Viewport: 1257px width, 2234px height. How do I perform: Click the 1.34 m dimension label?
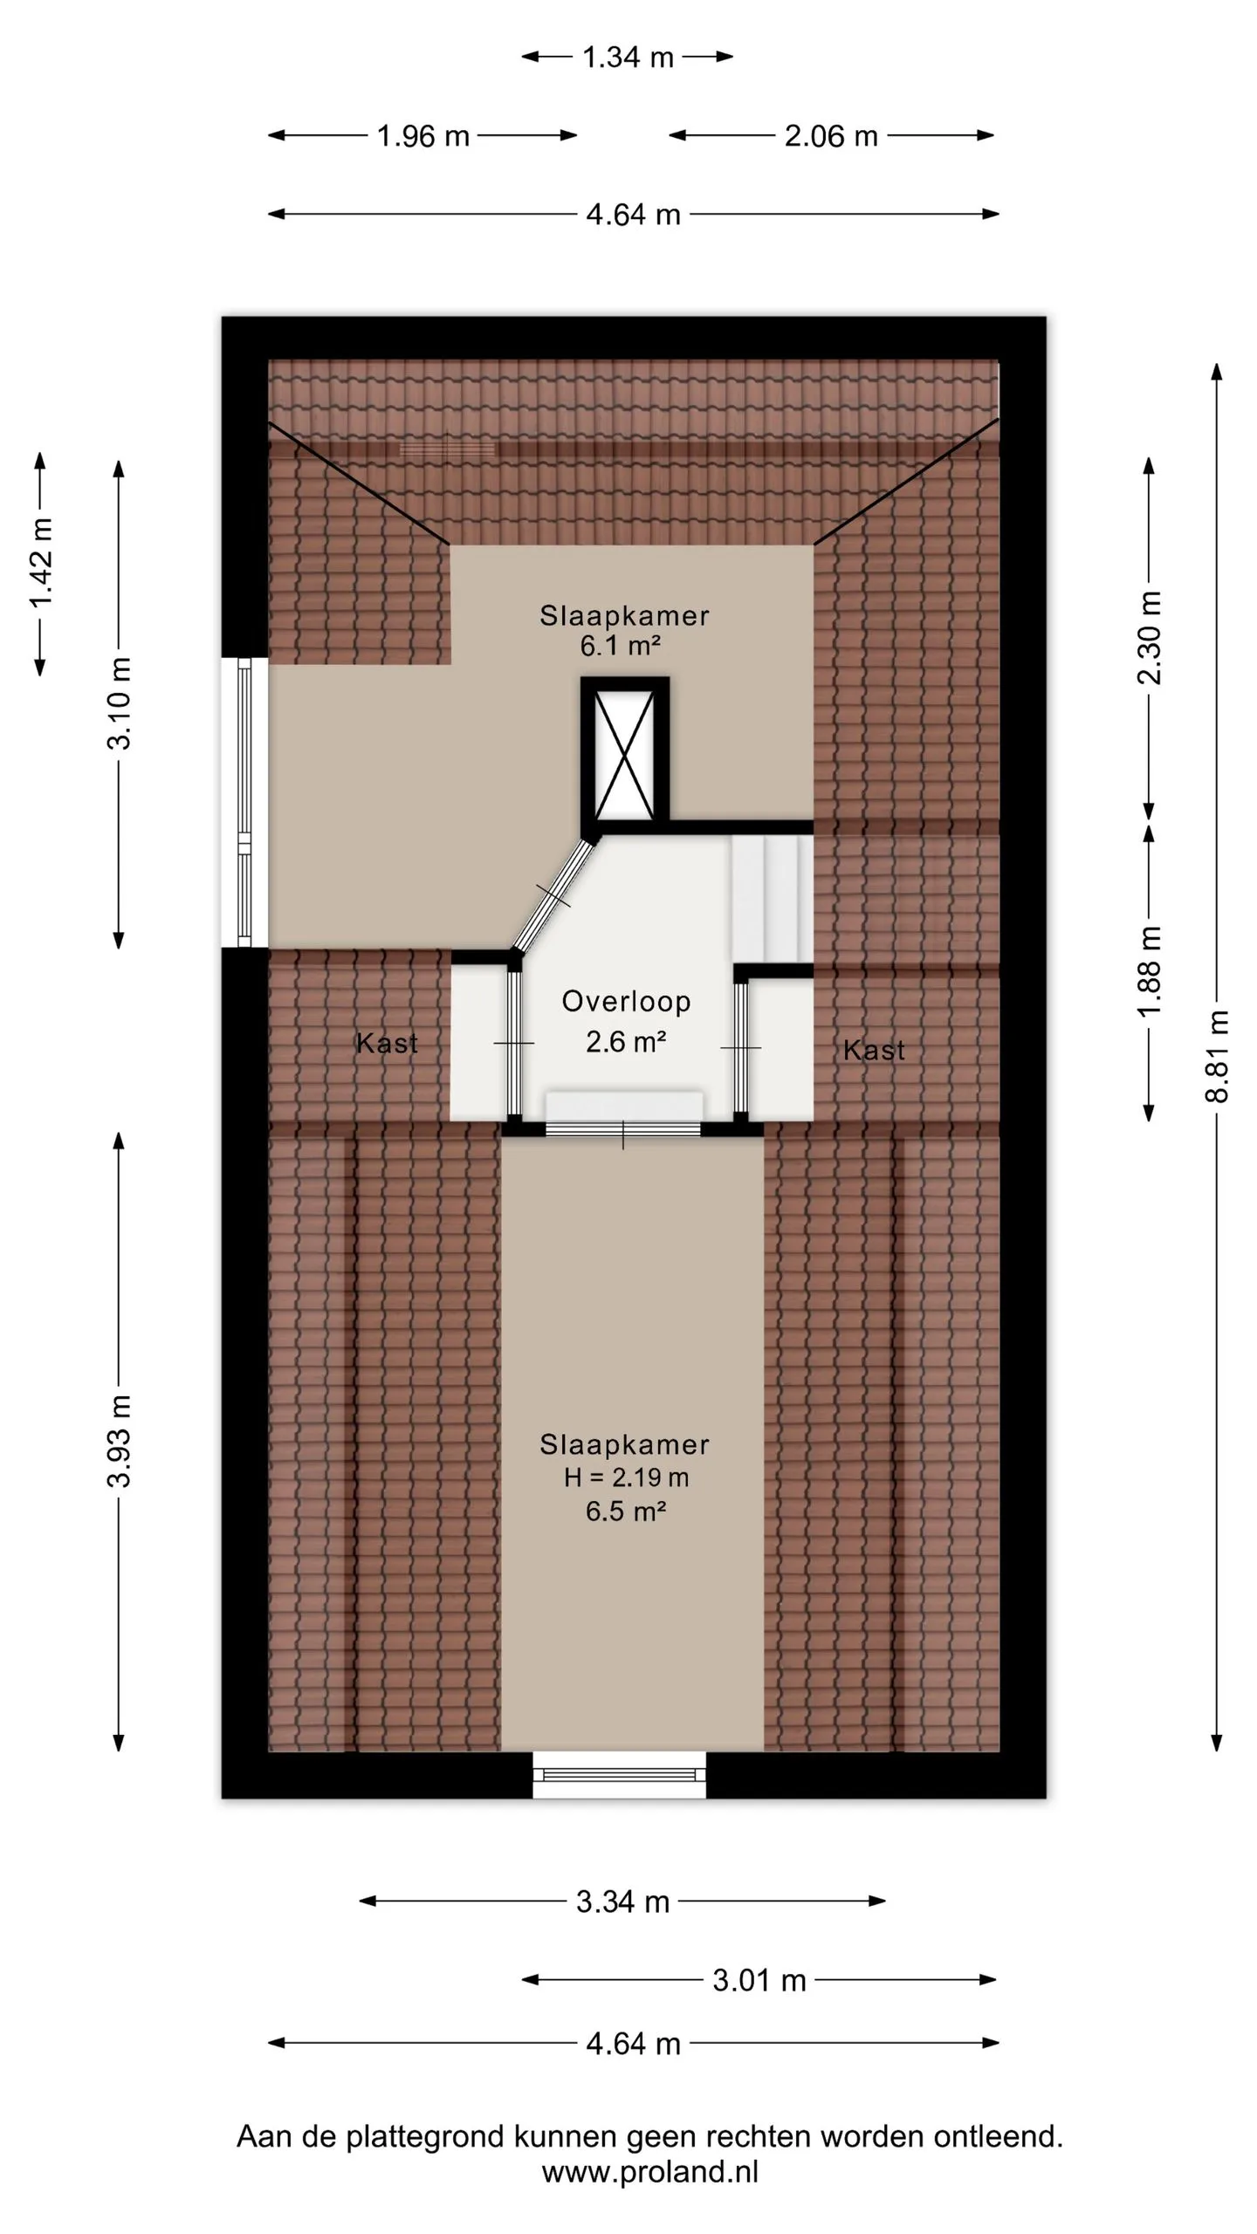pos(628,58)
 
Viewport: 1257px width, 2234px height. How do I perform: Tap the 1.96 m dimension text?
pos(423,136)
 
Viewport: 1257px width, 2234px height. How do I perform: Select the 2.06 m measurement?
pos(831,136)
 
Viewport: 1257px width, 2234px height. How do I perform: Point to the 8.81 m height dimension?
pos(1217,1055)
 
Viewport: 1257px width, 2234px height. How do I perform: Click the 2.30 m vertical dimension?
pos(1150,638)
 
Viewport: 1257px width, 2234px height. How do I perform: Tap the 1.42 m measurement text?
pos(41,563)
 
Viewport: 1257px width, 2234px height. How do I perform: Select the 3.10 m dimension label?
pos(120,703)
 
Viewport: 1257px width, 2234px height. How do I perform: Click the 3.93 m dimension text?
pos(120,1440)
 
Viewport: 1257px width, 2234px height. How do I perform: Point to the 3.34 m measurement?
pos(622,1902)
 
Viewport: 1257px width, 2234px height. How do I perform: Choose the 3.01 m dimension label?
pos(759,1980)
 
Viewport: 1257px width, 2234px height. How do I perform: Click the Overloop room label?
pos(626,1001)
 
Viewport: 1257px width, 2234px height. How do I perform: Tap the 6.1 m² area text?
pos(620,646)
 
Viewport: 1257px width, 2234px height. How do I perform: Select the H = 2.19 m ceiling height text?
pos(626,1477)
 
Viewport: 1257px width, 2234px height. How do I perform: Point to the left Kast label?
pos(387,1043)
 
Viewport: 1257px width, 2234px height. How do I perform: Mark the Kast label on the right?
pos(874,1050)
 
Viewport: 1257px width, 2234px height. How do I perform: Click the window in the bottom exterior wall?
pos(620,1774)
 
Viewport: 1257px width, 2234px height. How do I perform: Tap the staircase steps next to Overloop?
pos(773,897)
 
